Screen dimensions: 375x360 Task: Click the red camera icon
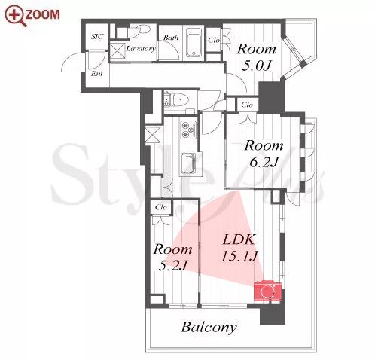tap(267, 291)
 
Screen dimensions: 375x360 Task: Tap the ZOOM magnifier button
tap(32, 15)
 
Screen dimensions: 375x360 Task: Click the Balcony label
tap(209, 328)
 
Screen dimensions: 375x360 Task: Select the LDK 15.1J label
tap(239, 248)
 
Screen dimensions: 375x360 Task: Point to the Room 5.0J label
tap(257, 57)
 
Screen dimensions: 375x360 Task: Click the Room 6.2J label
tap(264, 154)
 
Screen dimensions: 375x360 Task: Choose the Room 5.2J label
tap(173, 257)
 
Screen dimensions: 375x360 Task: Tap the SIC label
tap(97, 37)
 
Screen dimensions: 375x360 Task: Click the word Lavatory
tap(141, 48)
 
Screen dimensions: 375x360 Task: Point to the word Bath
tap(171, 38)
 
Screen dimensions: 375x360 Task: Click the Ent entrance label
tap(96, 74)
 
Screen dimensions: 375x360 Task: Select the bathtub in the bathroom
tap(194, 43)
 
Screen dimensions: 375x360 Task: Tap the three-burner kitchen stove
tap(188, 130)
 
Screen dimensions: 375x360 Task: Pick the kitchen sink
tap(188, 163)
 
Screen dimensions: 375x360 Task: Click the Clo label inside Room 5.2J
tap(161, 207)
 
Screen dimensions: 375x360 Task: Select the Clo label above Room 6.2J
tap(247, 105)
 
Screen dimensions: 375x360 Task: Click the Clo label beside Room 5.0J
tap(214, 40)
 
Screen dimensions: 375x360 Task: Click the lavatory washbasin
tap(142, 29)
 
